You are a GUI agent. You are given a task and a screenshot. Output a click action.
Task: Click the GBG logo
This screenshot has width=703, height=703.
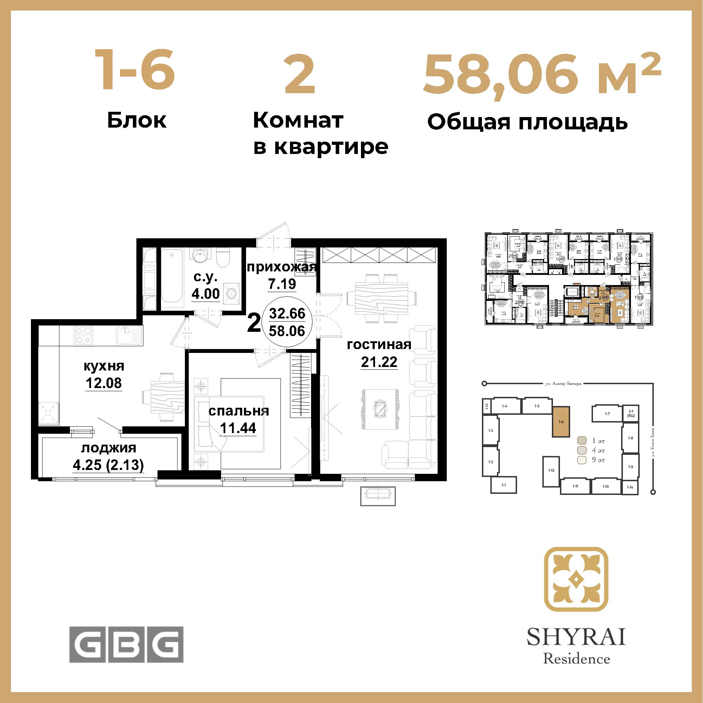[126, 644]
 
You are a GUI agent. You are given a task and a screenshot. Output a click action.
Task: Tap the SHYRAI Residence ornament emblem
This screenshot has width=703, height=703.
[576, 579]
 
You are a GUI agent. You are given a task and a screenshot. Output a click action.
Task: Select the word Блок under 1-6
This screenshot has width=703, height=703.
[137, 121]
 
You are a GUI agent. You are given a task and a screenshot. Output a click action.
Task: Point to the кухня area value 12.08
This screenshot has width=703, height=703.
[104, 383]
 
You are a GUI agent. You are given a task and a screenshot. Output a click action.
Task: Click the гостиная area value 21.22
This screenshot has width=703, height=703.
[379, 362]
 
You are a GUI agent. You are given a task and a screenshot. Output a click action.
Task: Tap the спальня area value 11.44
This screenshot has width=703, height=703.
[238, 428]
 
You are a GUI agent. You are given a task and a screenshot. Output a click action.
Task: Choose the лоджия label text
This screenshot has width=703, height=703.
[108, 448]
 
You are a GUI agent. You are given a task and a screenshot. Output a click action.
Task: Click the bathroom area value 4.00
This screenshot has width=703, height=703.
[206, 294]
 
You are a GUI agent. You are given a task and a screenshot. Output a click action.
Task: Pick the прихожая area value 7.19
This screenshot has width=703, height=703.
[282, 284]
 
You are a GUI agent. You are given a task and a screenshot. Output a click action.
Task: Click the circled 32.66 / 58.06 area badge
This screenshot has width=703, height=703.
[287, 322]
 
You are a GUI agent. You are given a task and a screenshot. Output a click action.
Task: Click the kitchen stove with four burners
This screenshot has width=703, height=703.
[83, 335]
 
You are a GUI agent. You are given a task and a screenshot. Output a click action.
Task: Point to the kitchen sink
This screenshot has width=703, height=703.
[129, 335]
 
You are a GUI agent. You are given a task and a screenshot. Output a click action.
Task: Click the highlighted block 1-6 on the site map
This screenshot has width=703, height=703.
[561, 422]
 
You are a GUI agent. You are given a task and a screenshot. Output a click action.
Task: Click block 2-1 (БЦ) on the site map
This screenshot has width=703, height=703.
[631, 413]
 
